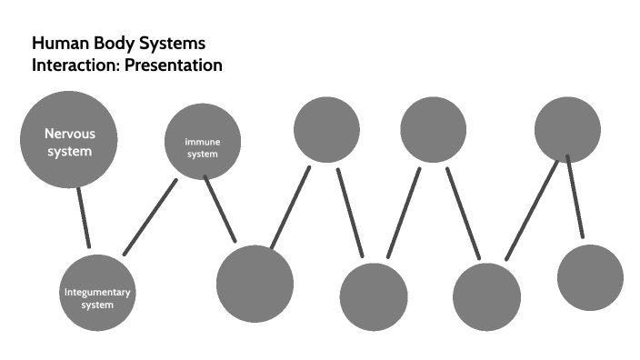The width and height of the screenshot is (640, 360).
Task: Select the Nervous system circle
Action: click(x=69, y=139)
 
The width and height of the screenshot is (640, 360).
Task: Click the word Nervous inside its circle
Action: click(x=69, y=134)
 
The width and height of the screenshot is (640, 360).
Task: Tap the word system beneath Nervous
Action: click(x=69, y=151)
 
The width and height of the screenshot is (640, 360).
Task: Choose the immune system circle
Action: click(x=202, y=144)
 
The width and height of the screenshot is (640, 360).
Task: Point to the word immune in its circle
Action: click(x=202, y=143)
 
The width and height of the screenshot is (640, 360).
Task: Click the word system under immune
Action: click(x=202, y=155)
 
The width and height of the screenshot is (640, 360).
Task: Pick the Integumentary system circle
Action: click(x=97, y=293)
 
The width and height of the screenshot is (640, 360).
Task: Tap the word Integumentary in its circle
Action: click(x=97, y=293)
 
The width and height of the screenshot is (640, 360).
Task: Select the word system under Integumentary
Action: click(x=97, y=305)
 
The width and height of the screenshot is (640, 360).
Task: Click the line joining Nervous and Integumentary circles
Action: click(x=84, y=217)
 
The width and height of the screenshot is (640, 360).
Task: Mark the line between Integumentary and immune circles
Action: click(x=150, y=217)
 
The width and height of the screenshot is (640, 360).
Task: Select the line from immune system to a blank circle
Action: click(x=220, y=209)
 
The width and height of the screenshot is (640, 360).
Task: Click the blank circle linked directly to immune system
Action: click(x=255, y=285)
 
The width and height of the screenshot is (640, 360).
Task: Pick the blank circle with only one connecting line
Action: click(x=590, y=278)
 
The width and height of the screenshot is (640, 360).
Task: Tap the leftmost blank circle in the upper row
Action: click(x=326, y=129)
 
